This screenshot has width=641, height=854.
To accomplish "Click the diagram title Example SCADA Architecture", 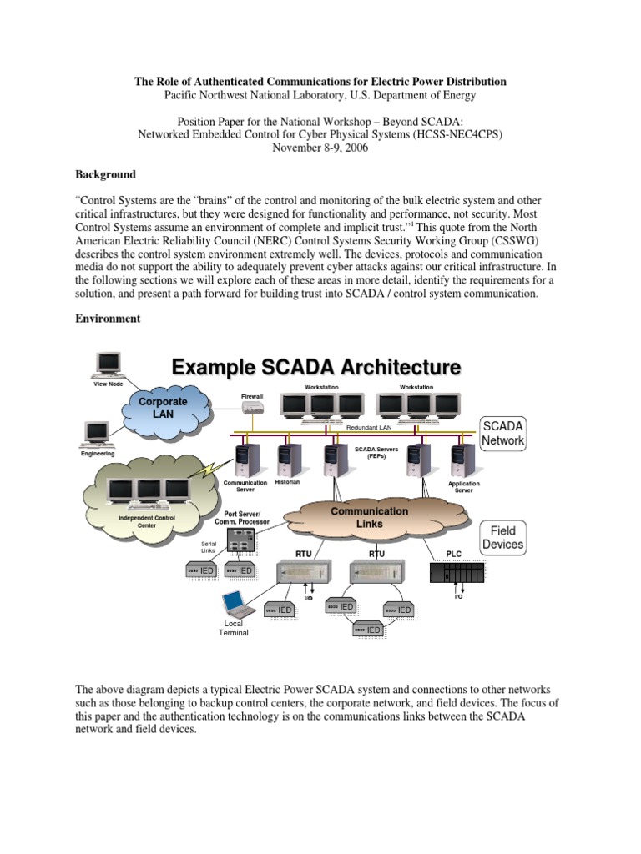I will [x=315, y=366].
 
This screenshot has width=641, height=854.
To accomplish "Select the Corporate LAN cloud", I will [x=164, y=408].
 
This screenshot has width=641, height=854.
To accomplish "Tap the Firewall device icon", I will [x=252, y=408].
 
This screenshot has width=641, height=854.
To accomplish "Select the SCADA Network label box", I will [x=503, y=433].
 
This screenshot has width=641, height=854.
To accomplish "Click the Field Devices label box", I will [x=503, y=538].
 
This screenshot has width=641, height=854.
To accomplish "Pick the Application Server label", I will [x=464, y=486].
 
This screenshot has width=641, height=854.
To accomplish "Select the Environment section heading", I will [x=109, y=319].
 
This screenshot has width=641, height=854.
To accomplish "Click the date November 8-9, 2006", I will [x=320, y=148].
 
